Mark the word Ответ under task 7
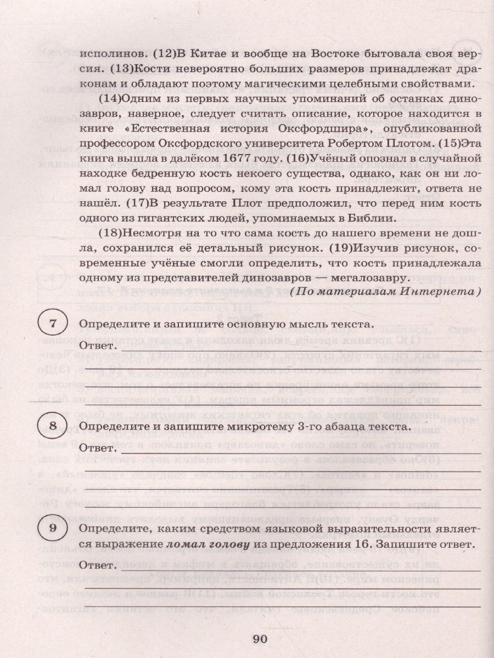click(99, 347)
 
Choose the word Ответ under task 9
click(99, 564)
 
